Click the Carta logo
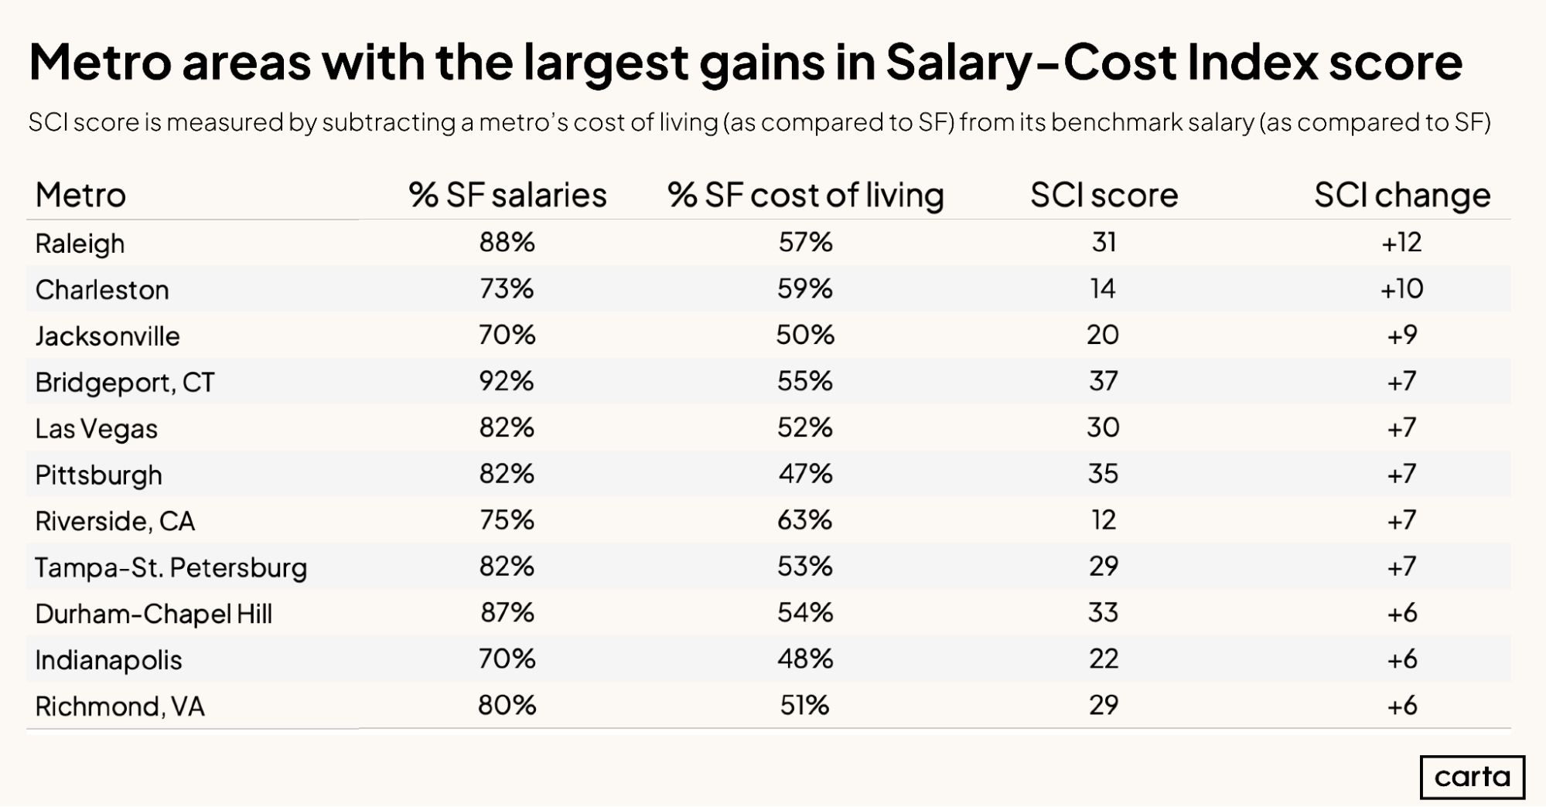pyautogui.click(x=1472, y=777)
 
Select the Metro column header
pyautogui.click(x=80, y=195)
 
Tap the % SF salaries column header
pyautogui.click(x=507, y=195)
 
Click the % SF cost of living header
pyautogui.click(x=805, y=195)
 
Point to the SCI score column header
pyautogui.click(x=1104, y=195)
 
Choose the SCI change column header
pyautogui.click(x=1401, y=195)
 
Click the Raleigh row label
pyautogui.click(x=80, y=243)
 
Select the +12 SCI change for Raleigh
pyautogui.click(x=1401, y=243)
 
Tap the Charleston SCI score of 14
pyautogui.click(x=1103, y=289)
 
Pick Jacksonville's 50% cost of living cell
pyautogui.click(x=805, y=335)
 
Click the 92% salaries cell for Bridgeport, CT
pyautogui.click(x=507, y=381)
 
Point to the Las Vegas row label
pyautogui.click(x=96, y=428)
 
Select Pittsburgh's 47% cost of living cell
pyautogui.click(x=805, y=474)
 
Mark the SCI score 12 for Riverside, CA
pyautogui.click(x=1104, y=520)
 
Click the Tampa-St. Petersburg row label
pyautogui.click(x=171, y=567)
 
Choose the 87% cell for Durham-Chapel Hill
pyautogui.click(x=507, y=613)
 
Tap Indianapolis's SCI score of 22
pyautogui.click(x=1104, y=659)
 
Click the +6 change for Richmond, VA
pyautogui.click(x=1401, y=706)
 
